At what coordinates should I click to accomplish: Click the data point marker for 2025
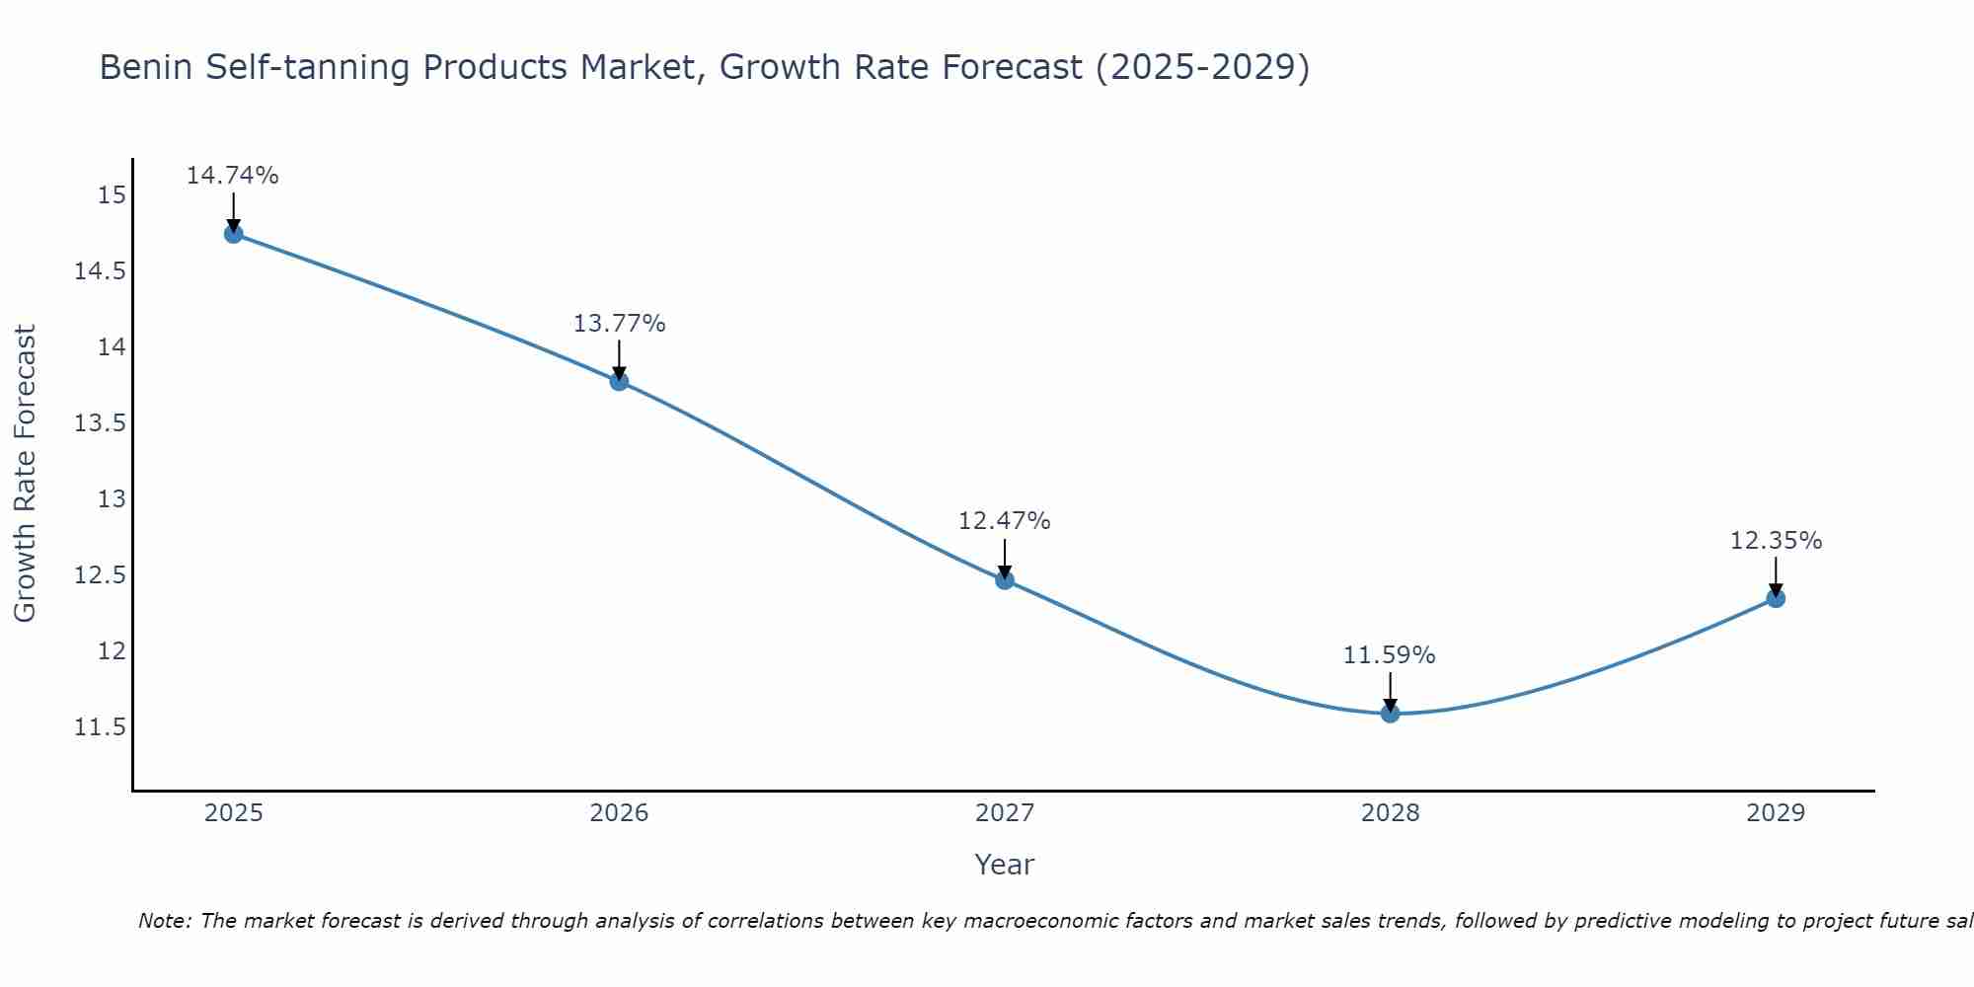point(234,234)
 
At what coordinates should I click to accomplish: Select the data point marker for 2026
point(619,381)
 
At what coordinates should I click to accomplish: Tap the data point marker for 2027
point(1005,579)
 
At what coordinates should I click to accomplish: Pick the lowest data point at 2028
point(1390,713)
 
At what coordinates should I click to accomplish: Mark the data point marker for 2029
point(1776,598)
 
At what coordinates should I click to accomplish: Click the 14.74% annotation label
point(233,176)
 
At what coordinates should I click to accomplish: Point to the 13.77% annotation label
point(619,324)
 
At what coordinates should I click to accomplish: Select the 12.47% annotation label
point(1005,521)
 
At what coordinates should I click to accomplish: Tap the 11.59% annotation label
point(1390,655)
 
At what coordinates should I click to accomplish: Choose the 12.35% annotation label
point(1776,541)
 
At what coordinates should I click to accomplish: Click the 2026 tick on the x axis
point(619,813)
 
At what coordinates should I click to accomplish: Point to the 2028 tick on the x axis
point(1390,813)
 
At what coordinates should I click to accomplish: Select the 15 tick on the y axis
point(113,195)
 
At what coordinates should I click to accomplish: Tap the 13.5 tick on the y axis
point(101,423)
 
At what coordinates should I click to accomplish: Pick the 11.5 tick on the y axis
point(101,727)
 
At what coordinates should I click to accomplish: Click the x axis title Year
point(1004,865)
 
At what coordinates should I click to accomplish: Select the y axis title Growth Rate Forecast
point(25,473)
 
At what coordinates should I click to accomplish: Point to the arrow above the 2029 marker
point(1776,576)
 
